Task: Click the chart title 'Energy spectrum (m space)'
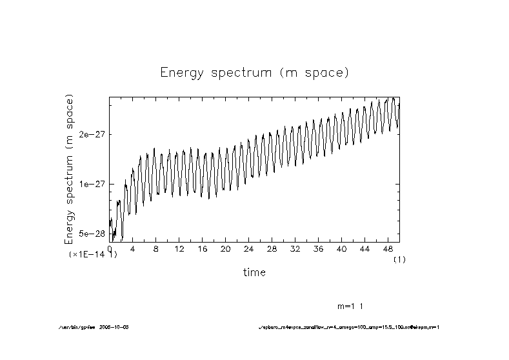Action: point(254,73)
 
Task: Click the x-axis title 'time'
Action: point(254,272)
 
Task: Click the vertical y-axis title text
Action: point(69,169)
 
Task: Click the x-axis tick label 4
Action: point(132,249)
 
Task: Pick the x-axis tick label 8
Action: point(155,249)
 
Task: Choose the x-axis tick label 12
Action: point(179,249)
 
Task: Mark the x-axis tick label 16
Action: point(202,249)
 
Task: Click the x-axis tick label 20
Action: point(225,249)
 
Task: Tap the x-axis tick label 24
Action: point(248,249)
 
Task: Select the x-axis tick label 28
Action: point(272,249)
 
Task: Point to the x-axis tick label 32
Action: point(295,249)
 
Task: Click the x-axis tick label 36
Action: point(318,249)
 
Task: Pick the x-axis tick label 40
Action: point(341,249)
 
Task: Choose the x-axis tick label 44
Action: point(364,249)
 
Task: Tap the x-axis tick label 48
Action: point(388,249)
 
